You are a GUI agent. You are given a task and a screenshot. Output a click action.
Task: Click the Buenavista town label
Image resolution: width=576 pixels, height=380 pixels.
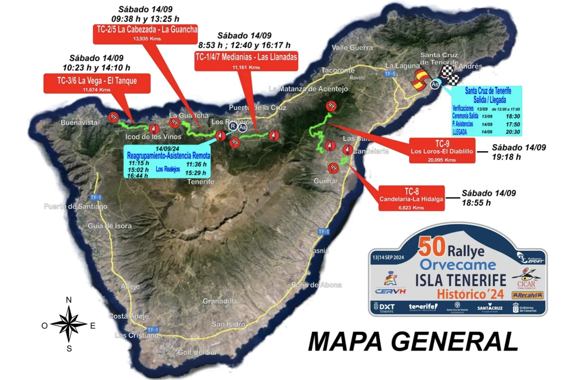(x=79, y=123)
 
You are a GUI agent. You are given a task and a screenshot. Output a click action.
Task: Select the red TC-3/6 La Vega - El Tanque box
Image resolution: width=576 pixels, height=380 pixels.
(x=97, y=83)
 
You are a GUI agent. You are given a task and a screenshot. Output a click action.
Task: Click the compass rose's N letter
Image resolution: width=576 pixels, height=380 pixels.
(x=69, y=300)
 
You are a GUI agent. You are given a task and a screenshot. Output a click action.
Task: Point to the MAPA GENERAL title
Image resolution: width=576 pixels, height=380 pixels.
(x=413, y=342)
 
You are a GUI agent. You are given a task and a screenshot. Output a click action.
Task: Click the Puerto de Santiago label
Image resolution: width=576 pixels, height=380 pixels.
(x=75, y=207)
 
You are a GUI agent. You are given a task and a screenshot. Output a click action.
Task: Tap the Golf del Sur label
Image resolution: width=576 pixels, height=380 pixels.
(x=197, y=352)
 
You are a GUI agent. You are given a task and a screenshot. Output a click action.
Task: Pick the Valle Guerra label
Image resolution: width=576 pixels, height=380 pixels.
(x=352, y=48)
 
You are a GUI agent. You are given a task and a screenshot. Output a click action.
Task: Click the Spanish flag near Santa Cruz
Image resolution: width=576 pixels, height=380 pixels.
(x=420, y=79)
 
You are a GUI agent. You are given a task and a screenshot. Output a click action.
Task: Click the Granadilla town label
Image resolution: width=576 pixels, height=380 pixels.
(x=220, y=301)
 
